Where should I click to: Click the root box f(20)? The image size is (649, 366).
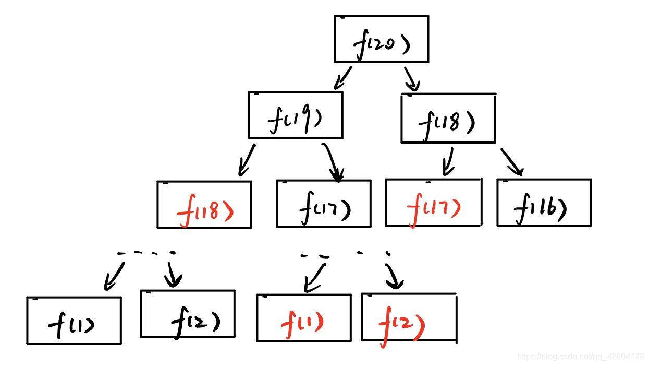pyautogui.click(x=381, y=39)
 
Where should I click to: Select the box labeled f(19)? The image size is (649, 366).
pyautogui.click(x=296, y=115)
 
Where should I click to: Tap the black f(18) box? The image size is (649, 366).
pyautogui.click(x=448, y=119)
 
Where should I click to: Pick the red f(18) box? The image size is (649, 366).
pyautogui.click(x=204, y=204)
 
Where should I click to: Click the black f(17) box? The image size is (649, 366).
pyautogui.click(x=324, y=204)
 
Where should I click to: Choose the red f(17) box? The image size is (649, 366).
pyautogui.click(x=433, y=203)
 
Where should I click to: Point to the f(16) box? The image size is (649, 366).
pyautogui.click(x=544, y=203)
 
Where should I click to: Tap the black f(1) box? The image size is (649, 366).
pyautogui.click(x=74, y=321)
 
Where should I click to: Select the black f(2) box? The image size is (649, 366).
pyautogui.click(x=188, y=314)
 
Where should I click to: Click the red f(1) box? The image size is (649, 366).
pyautogui.click(x=303, y=317)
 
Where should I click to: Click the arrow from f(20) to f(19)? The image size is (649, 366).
pyautogui.click(x=342, y=78)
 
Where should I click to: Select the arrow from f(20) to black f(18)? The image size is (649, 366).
pyautogui.click(x=411, y=78)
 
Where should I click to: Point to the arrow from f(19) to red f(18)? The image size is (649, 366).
pyautogui.click(x=246, y=160)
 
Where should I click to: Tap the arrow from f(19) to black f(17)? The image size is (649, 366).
pyautogui.click(x=333, y=161)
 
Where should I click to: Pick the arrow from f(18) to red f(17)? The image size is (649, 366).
pyautogui.click(x=447, y=161)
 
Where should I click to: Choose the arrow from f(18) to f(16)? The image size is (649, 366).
pyautogui.click(x=512, y=162)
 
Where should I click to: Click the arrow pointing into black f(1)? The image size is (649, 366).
pyautogui.click(x=114, y=276)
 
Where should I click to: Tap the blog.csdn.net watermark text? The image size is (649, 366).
pyautogui.click(x=580, y=357)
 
